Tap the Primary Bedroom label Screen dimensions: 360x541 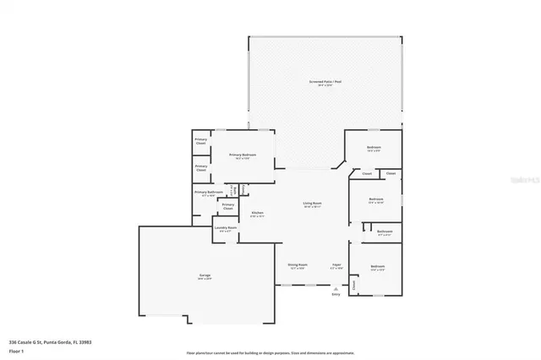pos(243,155)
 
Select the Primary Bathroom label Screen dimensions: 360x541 pos(208,193)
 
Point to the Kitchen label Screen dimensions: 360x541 pos(258,213)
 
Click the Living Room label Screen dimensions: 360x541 pos(314,204)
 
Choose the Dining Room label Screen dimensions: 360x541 pos(297,265)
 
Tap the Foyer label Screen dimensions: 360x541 pos(336,265)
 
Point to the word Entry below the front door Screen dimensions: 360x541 pos(336,294)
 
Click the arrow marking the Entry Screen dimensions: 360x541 pos(336,288)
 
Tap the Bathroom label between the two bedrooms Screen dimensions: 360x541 pos(385,232)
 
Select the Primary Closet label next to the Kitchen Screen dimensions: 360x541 pos(228,206)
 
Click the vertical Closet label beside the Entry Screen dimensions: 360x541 pos(353,286)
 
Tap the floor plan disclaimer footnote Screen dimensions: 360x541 pos(270,352)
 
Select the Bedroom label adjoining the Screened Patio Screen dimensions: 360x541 pos(374,149)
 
